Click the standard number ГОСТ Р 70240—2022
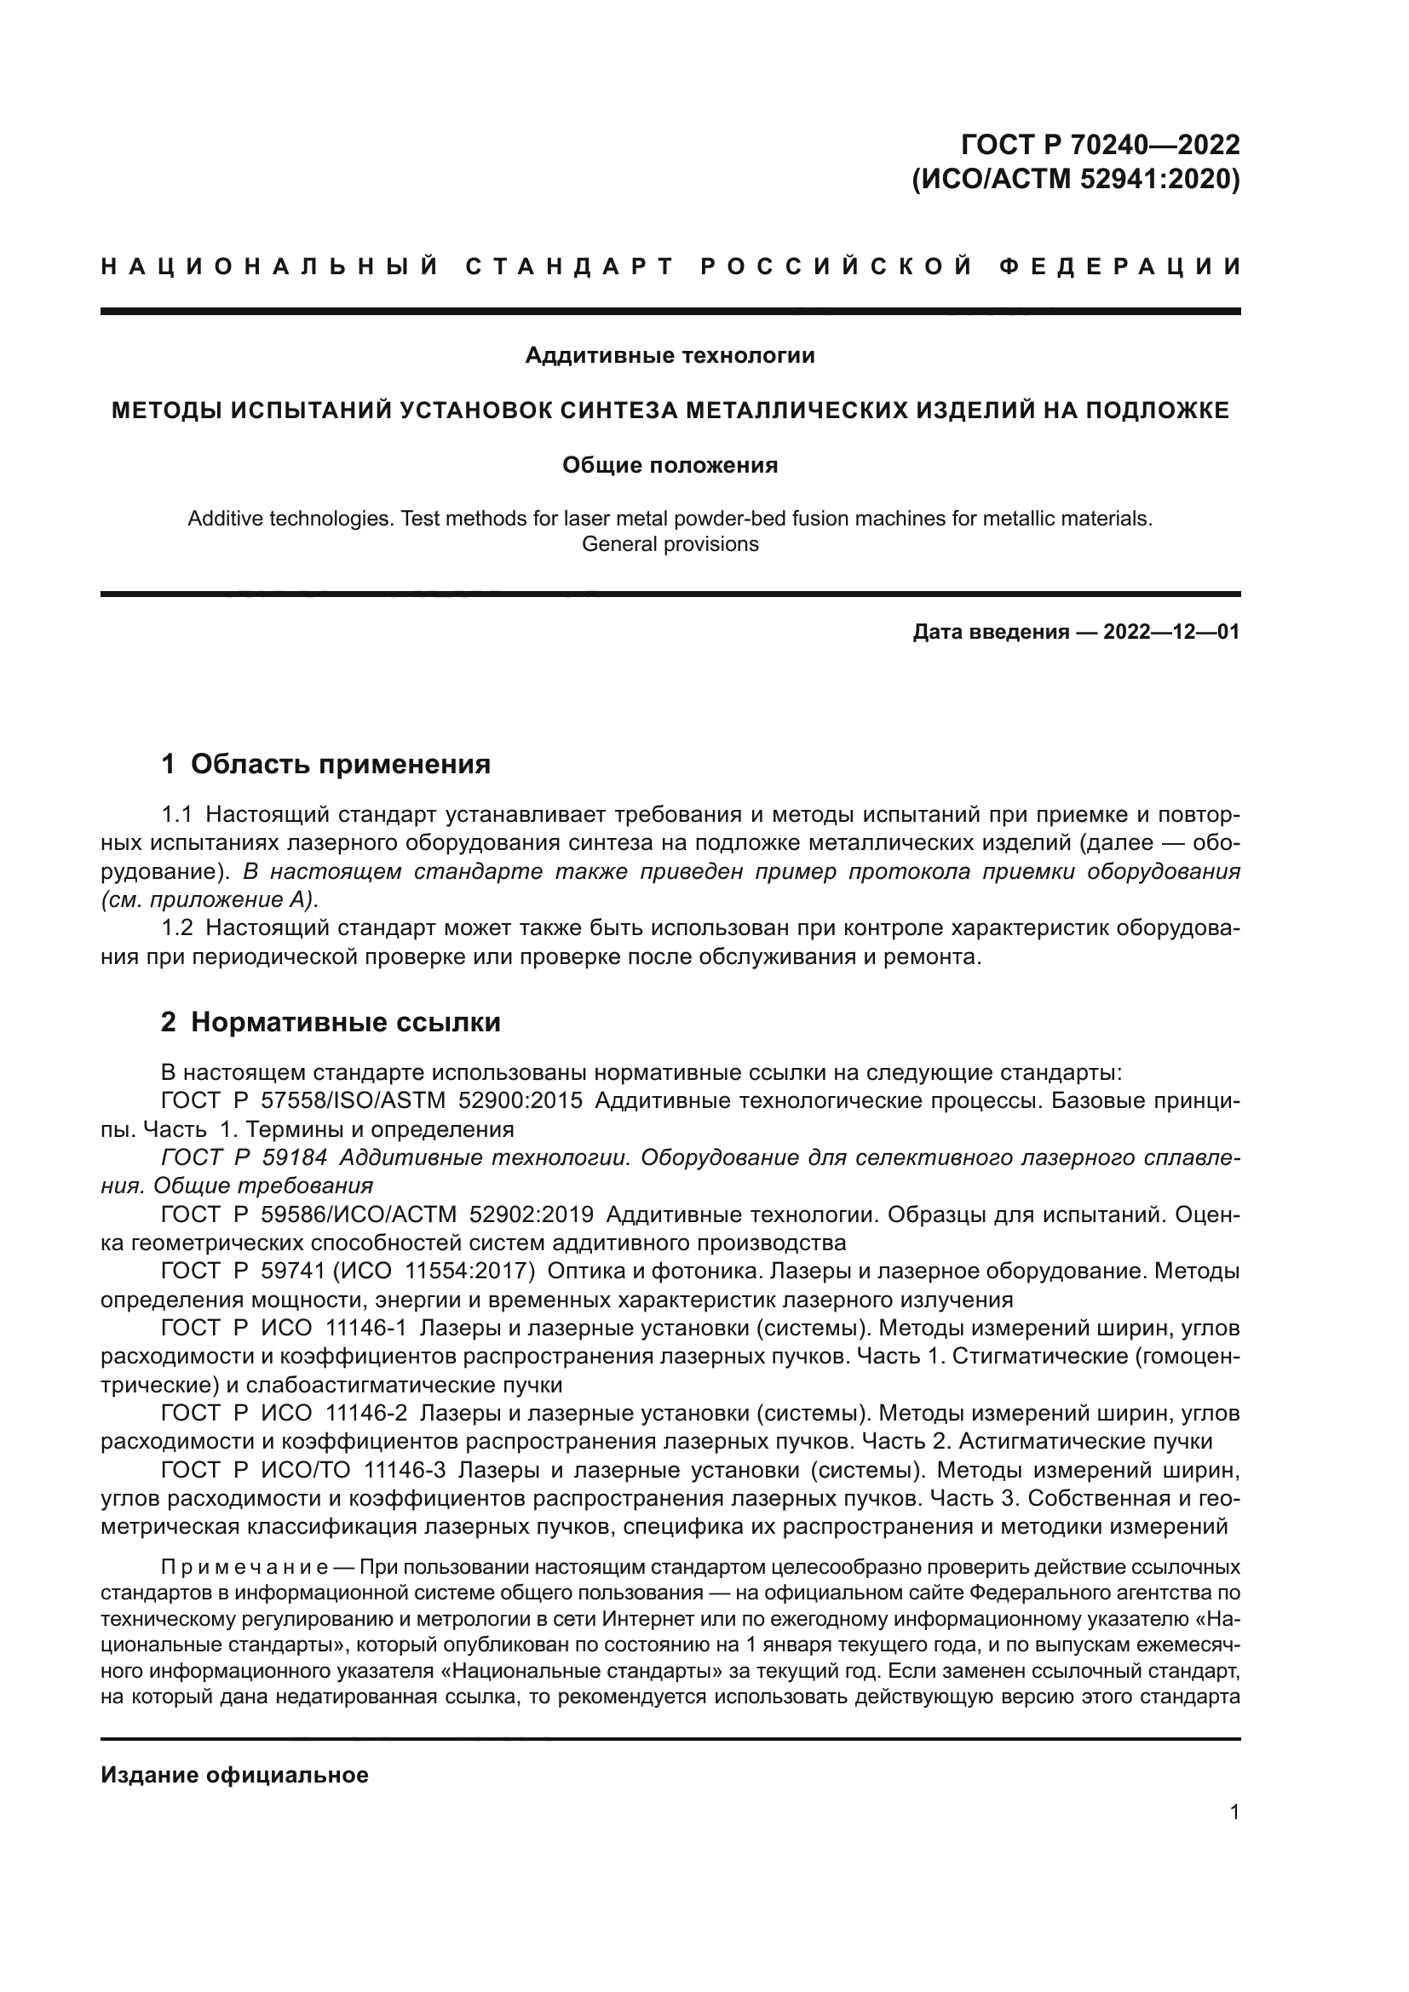click(x=1100, y=144)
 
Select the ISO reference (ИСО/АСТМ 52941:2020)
click(x=1076, y=180)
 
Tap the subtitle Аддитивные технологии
click(x=670, y=356)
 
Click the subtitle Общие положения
click(x=670, y=466)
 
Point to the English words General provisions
click(x=670, y=545)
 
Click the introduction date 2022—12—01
click(x=1171, y=632)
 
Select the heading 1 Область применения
click(x=326, y=764)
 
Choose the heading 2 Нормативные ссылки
click(x=331, y=1023)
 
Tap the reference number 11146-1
click(x=365, y=1329)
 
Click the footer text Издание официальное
click(x=234, y=1775)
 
